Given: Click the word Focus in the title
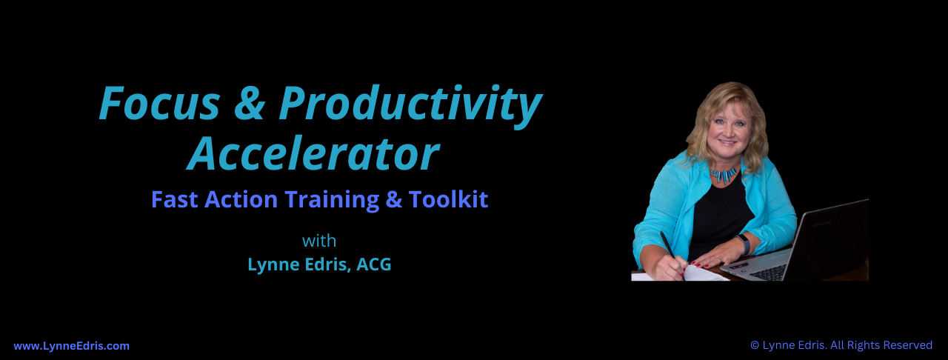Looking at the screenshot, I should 159,104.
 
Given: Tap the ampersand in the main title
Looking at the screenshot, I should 248,104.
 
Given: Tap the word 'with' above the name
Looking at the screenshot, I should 319,241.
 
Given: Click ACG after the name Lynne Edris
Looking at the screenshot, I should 374,264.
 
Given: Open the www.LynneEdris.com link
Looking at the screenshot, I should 71,346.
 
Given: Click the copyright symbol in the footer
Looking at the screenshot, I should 755,345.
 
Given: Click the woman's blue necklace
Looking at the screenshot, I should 724,174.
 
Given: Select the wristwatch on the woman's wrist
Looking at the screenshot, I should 743,243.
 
